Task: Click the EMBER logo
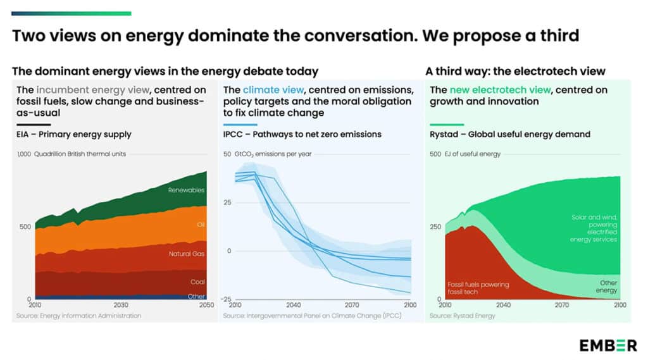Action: [x=607, y=345]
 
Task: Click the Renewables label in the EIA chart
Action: [x=187, y=190]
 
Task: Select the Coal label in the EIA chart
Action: [x=197, y=282]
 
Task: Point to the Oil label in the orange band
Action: [x=201, y=225]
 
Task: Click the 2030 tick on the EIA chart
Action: [x=121, y=305]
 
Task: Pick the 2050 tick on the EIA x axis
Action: [x=206, y=305]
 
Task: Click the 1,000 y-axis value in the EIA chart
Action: [x=24, y=154]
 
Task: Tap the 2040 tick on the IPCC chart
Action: [x=294, y=305]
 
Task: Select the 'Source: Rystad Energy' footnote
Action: [x=463, y=316]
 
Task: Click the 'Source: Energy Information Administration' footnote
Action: [x=79, y=316]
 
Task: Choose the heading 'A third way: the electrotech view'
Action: [x=515, y=71]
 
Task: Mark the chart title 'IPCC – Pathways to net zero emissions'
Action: [x=302, y=134]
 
